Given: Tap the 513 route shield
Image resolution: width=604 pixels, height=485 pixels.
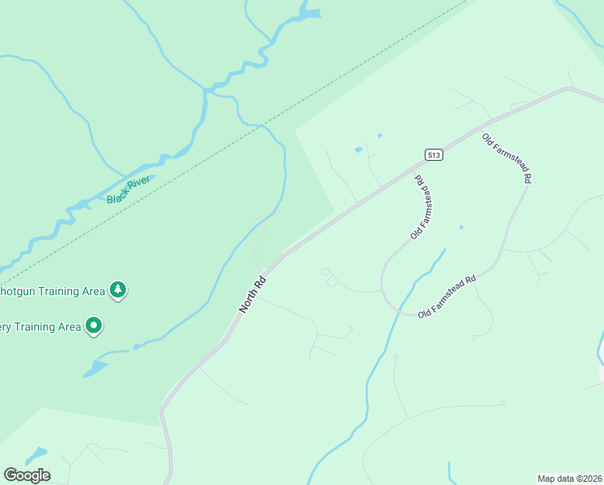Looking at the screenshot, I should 434,154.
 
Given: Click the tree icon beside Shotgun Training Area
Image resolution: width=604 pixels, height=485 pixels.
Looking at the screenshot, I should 119,289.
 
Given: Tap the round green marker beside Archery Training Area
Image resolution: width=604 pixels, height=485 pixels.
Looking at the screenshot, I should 94,326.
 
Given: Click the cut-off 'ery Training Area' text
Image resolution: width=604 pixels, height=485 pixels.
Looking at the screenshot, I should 40,327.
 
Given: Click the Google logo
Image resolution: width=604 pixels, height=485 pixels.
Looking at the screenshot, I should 27,475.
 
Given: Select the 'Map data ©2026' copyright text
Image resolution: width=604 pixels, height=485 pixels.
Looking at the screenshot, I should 569,478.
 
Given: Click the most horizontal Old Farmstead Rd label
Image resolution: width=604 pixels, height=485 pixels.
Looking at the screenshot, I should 447,297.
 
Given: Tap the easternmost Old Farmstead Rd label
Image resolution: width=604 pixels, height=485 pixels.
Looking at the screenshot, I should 506,158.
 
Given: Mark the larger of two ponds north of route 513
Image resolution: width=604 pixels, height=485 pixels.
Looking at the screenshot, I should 358,150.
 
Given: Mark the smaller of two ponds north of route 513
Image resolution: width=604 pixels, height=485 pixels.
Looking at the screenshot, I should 379,136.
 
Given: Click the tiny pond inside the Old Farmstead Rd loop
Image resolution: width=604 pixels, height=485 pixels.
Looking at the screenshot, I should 461,227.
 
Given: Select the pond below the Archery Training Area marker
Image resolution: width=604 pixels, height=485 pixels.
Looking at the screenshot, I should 95,369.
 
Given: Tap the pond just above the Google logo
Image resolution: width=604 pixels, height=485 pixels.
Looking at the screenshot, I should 36,454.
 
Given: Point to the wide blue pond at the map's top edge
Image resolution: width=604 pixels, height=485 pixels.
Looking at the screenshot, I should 308,14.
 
